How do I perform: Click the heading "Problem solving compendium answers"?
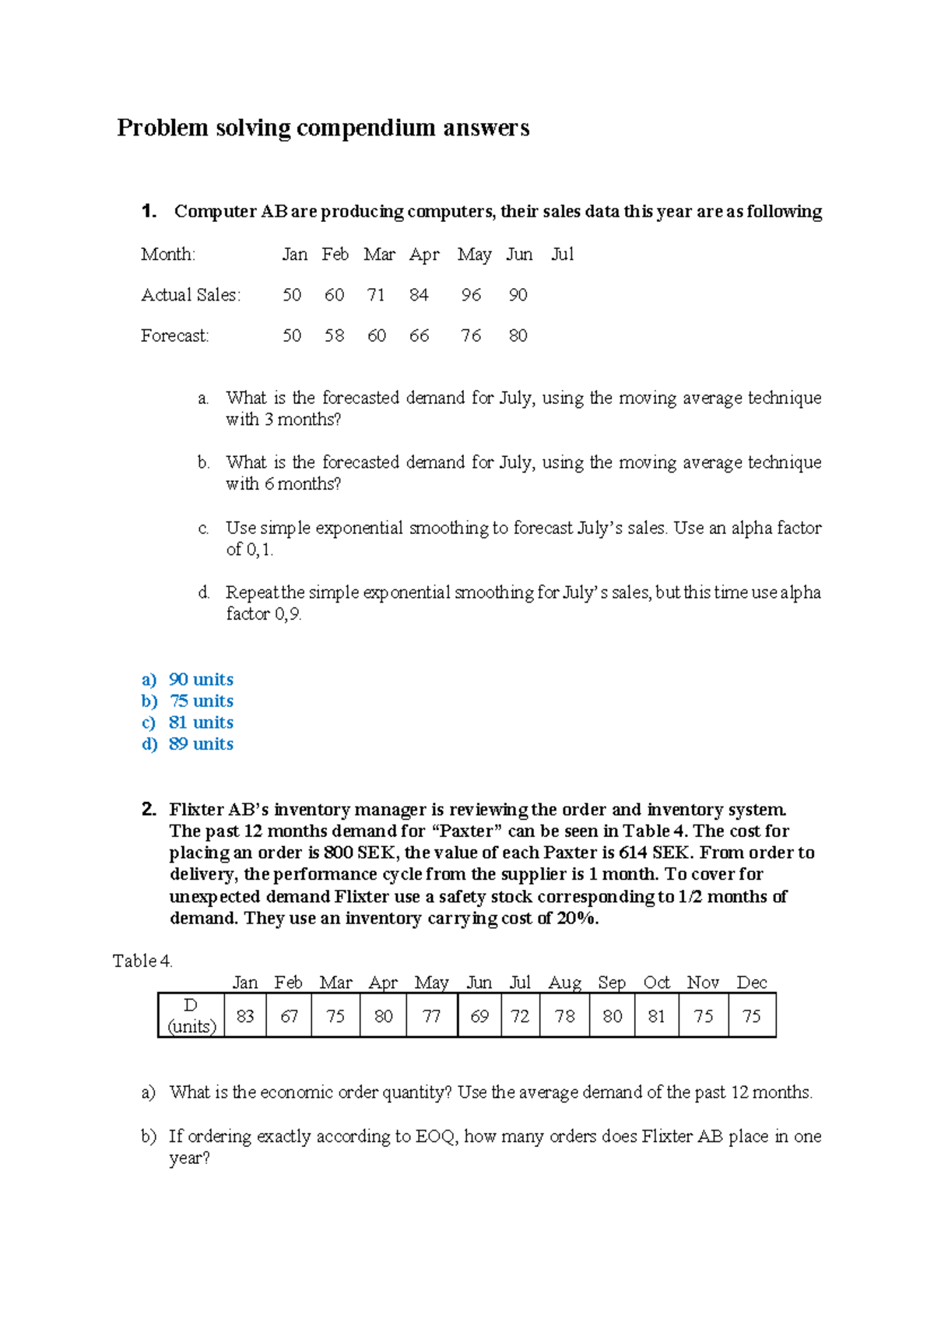[323, 128]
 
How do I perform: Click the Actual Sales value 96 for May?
[471, 295]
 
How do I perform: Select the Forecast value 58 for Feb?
[334, 336]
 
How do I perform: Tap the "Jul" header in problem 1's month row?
[562, 255]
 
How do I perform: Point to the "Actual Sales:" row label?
[191, 295]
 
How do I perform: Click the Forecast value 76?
[471, 336]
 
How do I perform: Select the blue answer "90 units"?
[201, 680]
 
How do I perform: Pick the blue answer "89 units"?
[201, 744]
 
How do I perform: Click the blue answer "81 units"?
[201, 723]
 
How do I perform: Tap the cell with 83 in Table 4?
[245, 1016]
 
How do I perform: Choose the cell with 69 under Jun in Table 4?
[479, 1016]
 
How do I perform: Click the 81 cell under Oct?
[656, 1016]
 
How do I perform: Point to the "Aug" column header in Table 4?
[564, 983]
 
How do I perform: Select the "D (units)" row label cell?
[191, 1016]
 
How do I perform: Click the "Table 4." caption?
[142, 961]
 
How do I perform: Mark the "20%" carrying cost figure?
[577, 918]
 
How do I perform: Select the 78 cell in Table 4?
[564, 1016]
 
